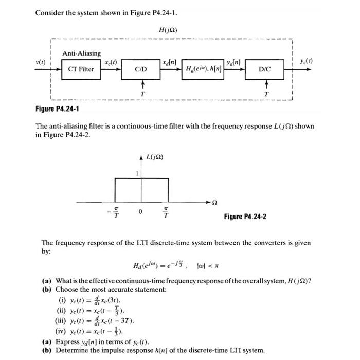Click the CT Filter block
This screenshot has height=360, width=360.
tap(81, 69)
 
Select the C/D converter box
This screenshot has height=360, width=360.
tap(140, 69)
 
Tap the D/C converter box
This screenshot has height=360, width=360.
tap(266, 69)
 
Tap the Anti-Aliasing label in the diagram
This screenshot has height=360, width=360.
tap(82, 53)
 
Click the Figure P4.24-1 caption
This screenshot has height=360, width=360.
tap(61, 109)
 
